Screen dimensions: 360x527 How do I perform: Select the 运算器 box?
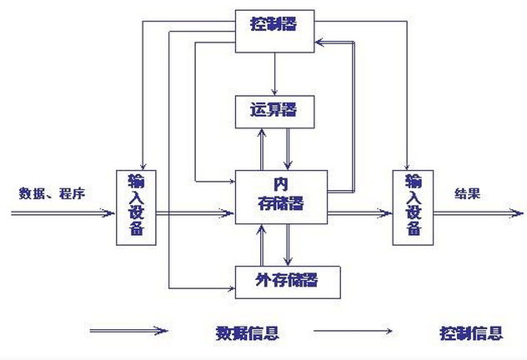pos(274,110)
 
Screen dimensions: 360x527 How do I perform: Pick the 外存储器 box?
pos(289,282)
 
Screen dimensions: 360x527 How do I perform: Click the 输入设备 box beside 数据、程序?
pos(135,204)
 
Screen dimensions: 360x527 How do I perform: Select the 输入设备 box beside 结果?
pos(413,204)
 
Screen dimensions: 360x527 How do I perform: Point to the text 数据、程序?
pos(53,194)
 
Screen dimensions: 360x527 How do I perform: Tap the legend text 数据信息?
pos(246,333)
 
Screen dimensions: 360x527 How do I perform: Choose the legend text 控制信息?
pos(471,333)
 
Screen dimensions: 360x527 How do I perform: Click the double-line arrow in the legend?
pos(129,331)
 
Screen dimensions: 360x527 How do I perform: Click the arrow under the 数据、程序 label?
pos(63,212)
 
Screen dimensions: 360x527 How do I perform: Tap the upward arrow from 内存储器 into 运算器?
pos(263,149)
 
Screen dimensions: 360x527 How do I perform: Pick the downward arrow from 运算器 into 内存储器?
pos(288,149)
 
